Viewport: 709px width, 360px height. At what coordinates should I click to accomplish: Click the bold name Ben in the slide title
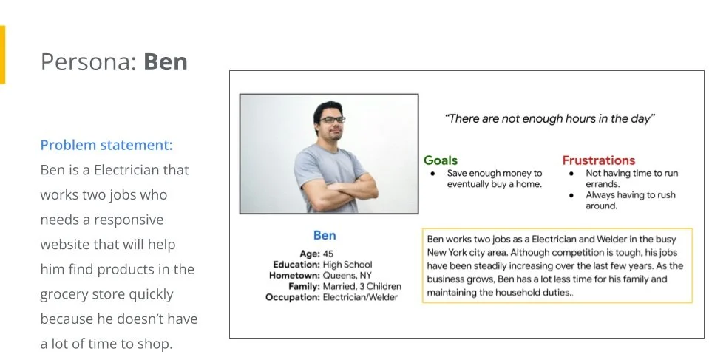pos(166,62)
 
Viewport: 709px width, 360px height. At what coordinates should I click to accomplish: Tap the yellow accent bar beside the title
pos(2,55)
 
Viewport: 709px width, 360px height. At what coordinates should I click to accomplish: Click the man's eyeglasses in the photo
pos(330,120)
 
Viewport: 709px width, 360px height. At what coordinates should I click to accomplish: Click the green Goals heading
pos(441,160)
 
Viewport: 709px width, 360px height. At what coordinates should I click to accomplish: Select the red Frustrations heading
pos(598,160)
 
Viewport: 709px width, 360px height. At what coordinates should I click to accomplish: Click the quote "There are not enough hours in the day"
pos(550,118)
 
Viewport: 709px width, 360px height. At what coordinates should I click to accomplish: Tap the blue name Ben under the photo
pos(325,236)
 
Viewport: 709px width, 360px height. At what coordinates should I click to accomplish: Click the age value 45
pos(329,254)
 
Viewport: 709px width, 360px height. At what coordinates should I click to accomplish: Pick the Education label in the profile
pos(296,265)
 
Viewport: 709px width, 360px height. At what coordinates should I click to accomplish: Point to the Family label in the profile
pos(302,286)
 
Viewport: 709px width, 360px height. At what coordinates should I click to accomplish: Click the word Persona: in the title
pos(89,62)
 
